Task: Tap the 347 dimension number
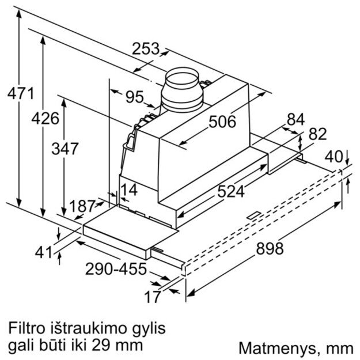[65, 149]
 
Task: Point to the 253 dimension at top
[146, 50]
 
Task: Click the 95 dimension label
[134, 97]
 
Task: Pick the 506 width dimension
[222, 122]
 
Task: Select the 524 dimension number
[230, 191]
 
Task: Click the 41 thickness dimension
[40, 252]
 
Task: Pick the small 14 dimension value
[129, 189]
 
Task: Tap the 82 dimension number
[317, 134]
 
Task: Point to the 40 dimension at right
[332, 156]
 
